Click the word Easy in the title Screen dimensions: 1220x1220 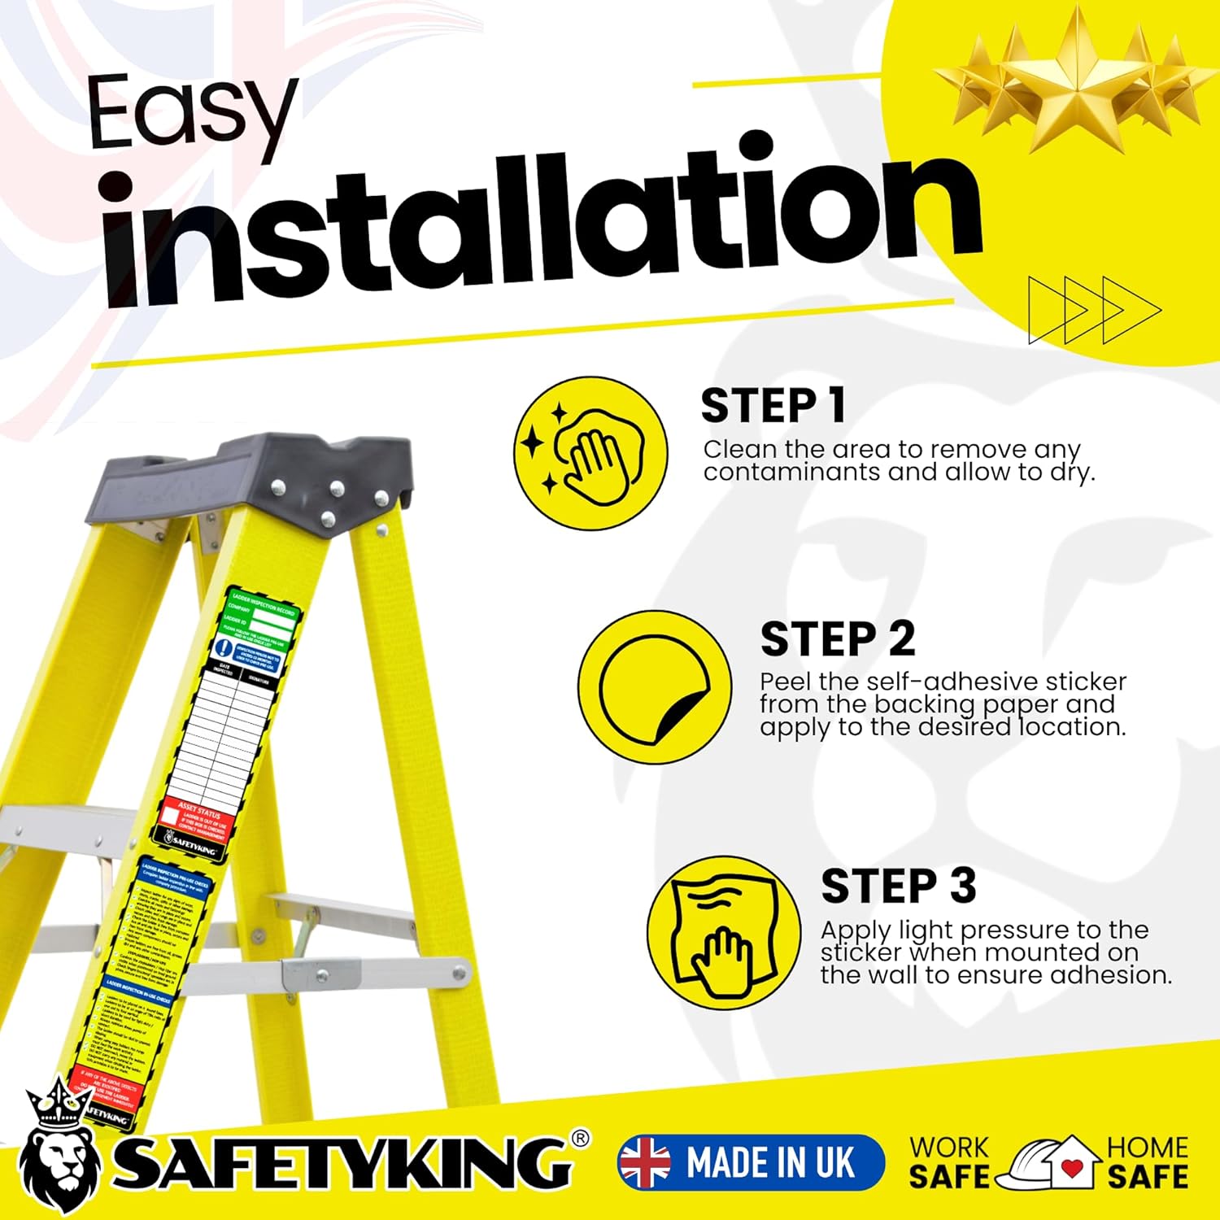click(191, 114)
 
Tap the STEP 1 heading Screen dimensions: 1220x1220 click(773, 406)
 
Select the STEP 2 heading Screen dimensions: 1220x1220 click(837, 639)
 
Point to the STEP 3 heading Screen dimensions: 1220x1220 click(898, 886)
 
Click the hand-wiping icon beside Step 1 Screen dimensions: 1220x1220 click(591, 453)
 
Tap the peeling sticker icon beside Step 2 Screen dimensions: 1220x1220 click(655, 687)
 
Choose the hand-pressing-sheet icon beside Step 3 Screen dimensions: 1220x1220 click(724, 933)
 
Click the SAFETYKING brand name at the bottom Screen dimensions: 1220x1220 click(342, 1161)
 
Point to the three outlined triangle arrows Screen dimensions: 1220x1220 click(1094, 310)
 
